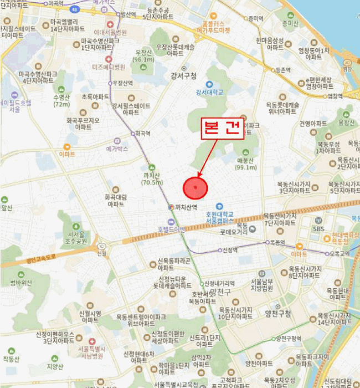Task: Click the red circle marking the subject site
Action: coord(195,188)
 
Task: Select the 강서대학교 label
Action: coord(209,92)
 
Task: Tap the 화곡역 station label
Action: coord(143,134)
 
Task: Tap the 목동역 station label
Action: coord(277,242)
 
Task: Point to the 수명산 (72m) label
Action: coord(61,100)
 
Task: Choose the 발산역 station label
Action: coord(128,14)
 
